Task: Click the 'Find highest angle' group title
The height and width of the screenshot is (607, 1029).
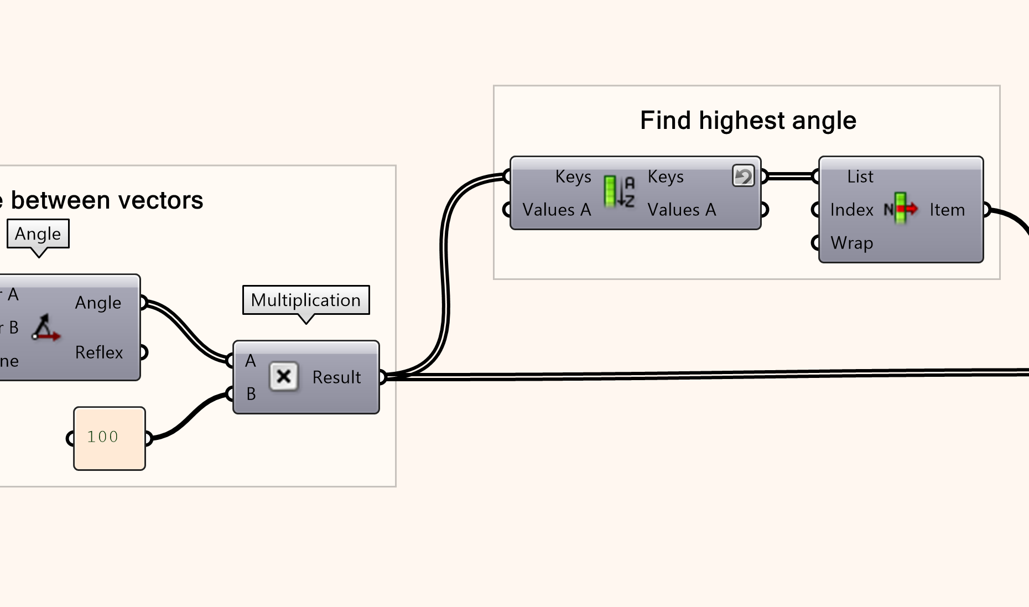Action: click(748, 121)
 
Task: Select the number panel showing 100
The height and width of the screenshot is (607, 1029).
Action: click(110, 438)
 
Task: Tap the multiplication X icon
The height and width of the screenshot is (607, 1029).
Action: click(284, 377)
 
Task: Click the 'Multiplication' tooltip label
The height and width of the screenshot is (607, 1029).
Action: click(306, 300)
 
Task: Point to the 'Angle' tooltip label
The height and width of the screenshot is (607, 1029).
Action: click(38, 234)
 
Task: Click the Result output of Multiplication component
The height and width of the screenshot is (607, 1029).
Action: click(336, 377)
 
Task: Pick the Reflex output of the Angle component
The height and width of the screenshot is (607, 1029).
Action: click(99, 352)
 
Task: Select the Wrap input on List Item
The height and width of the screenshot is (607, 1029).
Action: click(851, 243)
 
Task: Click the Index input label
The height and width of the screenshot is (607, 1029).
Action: click(851, 210)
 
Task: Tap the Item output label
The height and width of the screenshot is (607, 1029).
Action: click(947, 210)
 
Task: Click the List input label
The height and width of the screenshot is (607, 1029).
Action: click(860, 177)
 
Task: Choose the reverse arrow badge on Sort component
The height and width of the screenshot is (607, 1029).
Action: click(743, 176)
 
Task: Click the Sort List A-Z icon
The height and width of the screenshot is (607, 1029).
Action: click(619, 191)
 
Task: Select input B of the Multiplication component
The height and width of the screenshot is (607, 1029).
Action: click(251, 394)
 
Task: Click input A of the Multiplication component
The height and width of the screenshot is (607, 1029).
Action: click(251, 361)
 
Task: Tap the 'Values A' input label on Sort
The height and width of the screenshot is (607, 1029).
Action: click(557, 210)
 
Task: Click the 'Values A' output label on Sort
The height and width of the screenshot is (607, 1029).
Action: click(682, 210)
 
